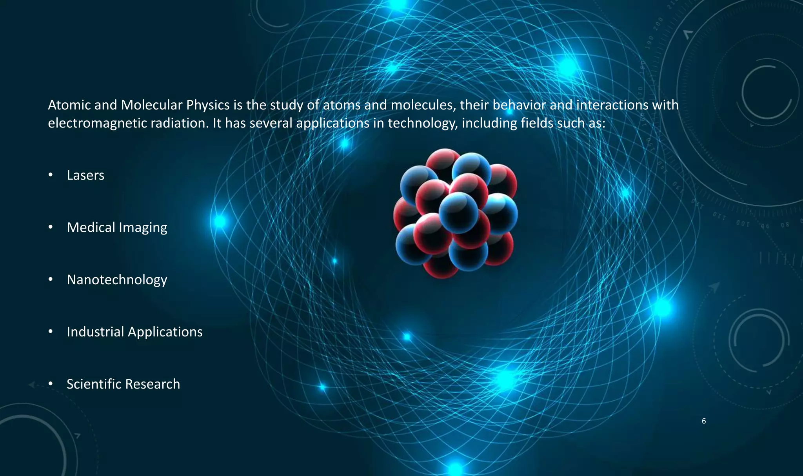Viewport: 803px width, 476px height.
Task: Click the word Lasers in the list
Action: [x=85, y=175]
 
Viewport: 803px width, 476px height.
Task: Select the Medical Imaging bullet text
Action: [x=117, y=227]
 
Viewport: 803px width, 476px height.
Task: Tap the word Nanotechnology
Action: [x=117, y=280]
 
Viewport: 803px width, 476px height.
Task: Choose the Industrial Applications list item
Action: [x=134, y=332]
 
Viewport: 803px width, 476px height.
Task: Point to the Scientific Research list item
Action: [x=123, y=384]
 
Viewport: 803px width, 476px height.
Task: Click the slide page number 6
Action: [x=704, y=421]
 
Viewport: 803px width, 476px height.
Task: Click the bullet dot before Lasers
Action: [x=51, y=175]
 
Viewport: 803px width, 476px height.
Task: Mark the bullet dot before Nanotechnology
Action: [x=51, y=280]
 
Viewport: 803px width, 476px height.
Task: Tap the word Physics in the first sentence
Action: [x=208, y=105]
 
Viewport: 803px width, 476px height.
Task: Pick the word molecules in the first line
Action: [x=423, y=105]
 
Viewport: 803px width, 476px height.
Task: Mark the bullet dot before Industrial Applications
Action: [x=51, y=332]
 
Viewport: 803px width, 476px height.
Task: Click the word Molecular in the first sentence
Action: [x=151, y=105]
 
